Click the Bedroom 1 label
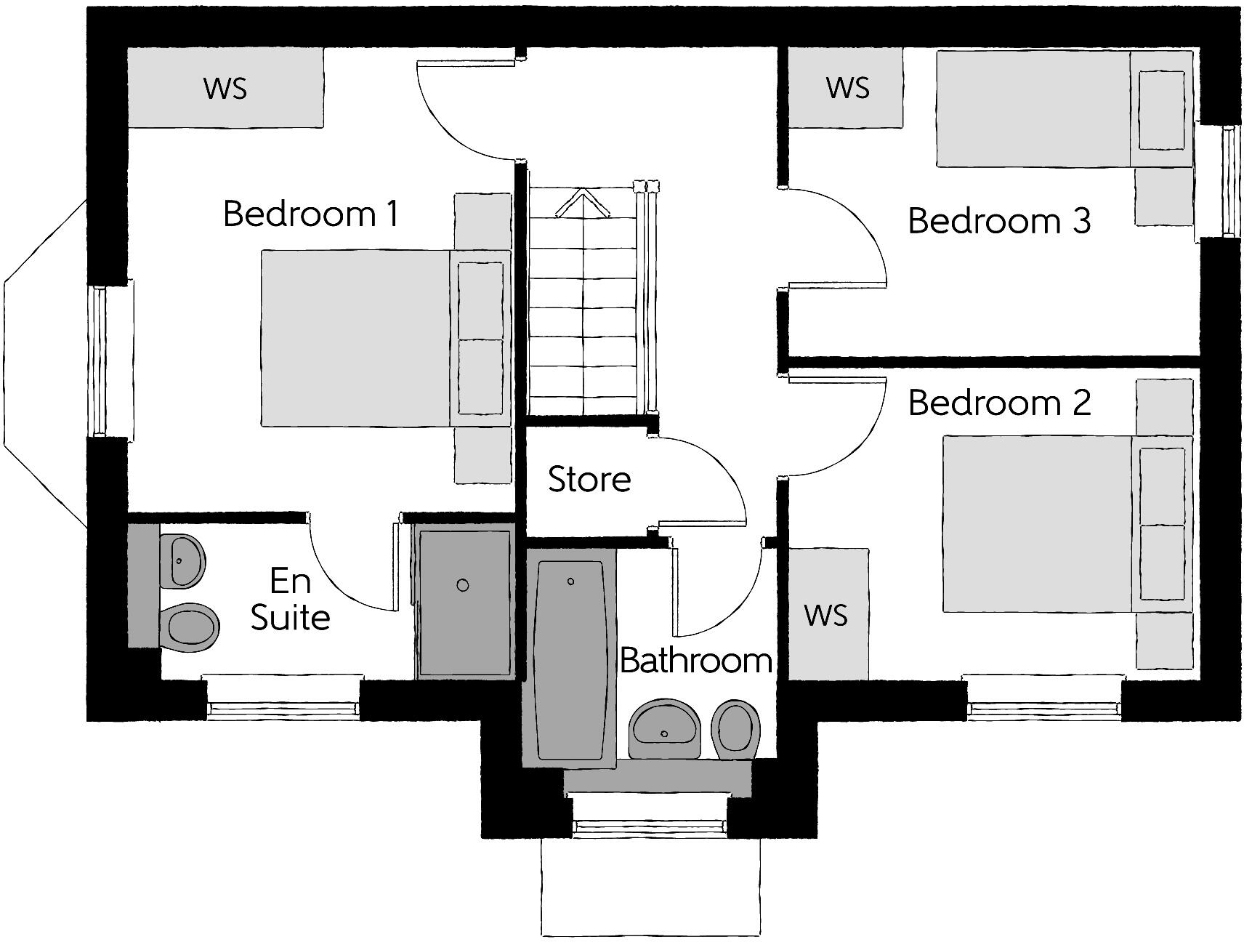(311, 214)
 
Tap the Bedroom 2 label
(999, 403)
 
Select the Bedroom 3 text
(999, 221)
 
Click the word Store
(589, 479)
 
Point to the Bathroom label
(695, 661)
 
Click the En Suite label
(290, 600)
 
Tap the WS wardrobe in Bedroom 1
(225, 88)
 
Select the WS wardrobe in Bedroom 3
(847, 88)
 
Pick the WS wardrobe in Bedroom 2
(827, 615)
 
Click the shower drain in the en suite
(463, 585)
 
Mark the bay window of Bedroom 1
(44, 363)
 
